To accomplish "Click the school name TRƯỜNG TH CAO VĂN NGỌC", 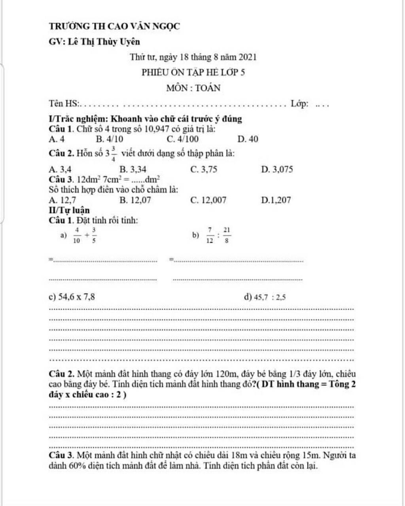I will pyautogui.click(x=114, y=26).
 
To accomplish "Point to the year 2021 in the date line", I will pyautogui.click(x=248, y=57).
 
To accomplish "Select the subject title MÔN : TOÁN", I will pyautogui.click(x=193, y=88).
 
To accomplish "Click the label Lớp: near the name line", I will pyautogui.click(x=300, y=104).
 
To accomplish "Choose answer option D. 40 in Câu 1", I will pyautogui.click(x=248, y=139).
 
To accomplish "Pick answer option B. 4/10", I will pyautogui.click(x=110, y=139).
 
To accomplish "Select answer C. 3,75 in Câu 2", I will pyautogui.click(x=204, y=170).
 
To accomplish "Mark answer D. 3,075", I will pyautogui.click(x=277, y=170).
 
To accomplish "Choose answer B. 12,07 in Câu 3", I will pyautogui.click(x=135, y=200).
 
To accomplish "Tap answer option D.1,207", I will pyautogui.click(x=276, y=200).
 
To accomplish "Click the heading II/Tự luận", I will pyautogui.click(x=69, y=210).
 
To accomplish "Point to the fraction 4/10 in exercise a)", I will pyautogui.click(x=77, y=235).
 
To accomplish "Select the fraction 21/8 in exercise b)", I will pyautogui.click(x=227, y=235).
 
